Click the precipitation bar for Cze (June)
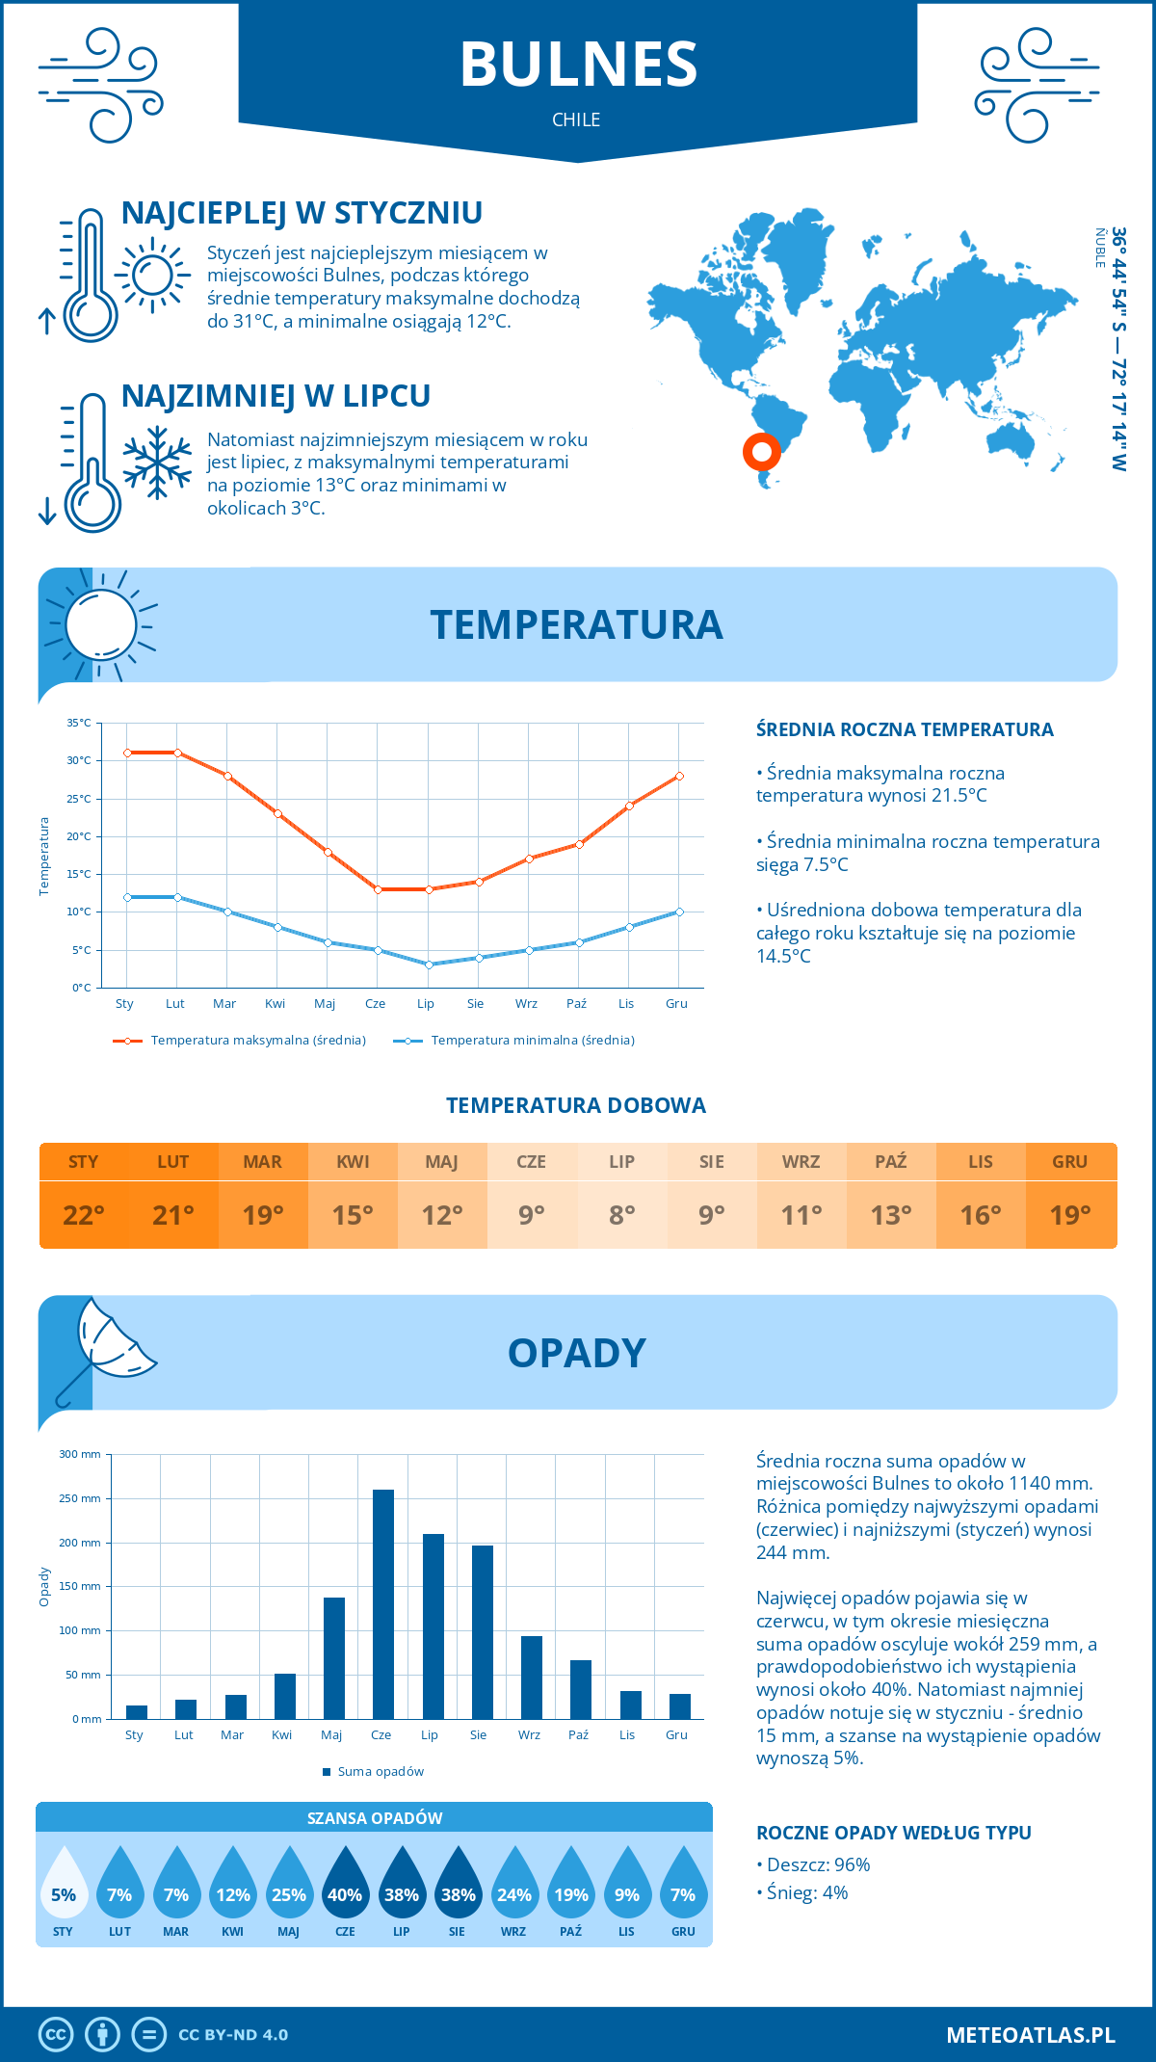tap(383, 1604)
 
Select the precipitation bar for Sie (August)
tap(483, 1632)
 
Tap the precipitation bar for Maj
tap(334, 1658)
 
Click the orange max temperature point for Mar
tap(227, 776)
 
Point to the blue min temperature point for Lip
tap(429, 965)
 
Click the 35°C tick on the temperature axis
tap(80, 723)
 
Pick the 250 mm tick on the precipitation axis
tap(80, 1498)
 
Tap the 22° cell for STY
tap(84, 1215)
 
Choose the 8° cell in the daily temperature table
tap(622, 1215)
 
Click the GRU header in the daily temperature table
tap(1070, 1162)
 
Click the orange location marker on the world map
tap(761, 451)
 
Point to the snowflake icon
tap(157, 463)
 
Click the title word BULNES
tap(578, 66)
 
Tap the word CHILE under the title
tap(576, 119)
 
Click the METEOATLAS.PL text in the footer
tap(1031, 2035)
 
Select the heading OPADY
tap(576, 1353)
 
